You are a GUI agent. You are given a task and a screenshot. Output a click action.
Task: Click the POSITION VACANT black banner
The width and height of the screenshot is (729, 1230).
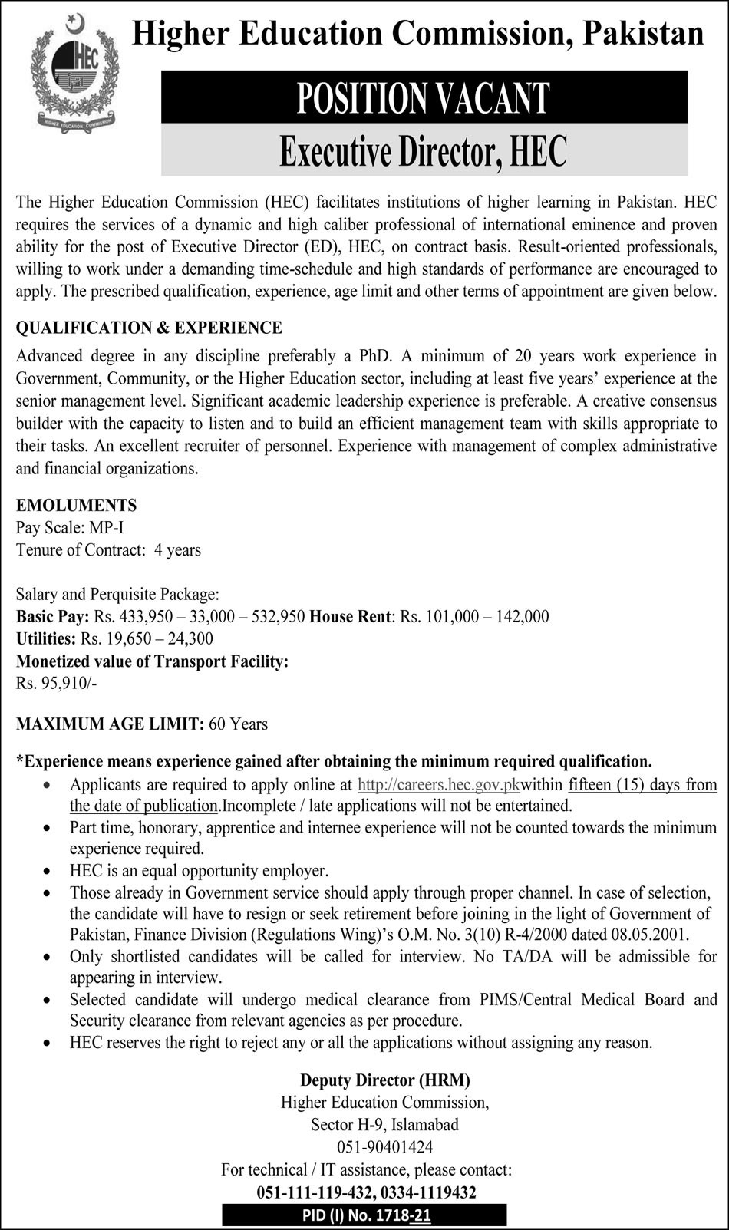[x=424, y=97]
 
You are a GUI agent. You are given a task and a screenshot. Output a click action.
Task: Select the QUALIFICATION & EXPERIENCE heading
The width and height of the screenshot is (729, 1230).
[x=149, y=328]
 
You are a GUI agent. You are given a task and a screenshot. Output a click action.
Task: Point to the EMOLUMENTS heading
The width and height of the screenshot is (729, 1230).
[x=76, y=505]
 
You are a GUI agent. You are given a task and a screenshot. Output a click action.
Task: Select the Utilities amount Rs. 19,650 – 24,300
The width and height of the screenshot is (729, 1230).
[x=147, y=638]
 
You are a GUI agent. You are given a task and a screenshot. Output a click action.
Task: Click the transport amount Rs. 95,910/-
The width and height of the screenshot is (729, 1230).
[x=56, y=683]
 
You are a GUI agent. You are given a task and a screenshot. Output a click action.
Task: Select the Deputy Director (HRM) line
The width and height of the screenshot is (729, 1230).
[x=385, y=1080]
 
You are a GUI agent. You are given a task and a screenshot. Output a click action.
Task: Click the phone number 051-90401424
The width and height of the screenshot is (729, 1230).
[x=384, y=1147]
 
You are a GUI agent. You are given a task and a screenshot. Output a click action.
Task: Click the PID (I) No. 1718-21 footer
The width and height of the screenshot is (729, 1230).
[x=364, y=1215]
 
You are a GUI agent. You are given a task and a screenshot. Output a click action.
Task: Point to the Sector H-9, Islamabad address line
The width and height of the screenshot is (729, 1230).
[x=385, y=1125]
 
